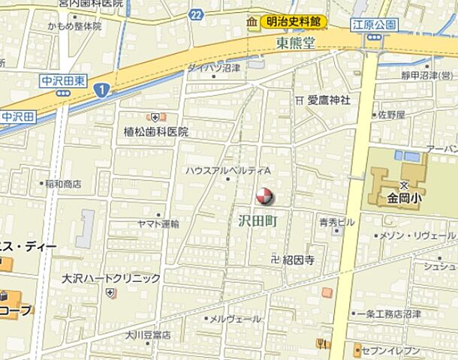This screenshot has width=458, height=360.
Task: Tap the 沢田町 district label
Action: (258, 221)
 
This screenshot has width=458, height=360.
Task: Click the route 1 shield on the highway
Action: (101, 89)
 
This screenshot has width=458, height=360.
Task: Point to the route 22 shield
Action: (196, 14)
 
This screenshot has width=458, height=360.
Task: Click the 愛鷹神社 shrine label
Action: (328, 100)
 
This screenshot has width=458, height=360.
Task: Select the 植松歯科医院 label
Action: (156, 131)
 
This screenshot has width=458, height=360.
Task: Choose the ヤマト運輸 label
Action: (158, 223)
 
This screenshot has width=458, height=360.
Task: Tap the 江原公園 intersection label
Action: (375, 25)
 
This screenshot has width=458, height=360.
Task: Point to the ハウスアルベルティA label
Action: (227, 171)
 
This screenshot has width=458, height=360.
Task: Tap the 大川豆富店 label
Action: (148, 334)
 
